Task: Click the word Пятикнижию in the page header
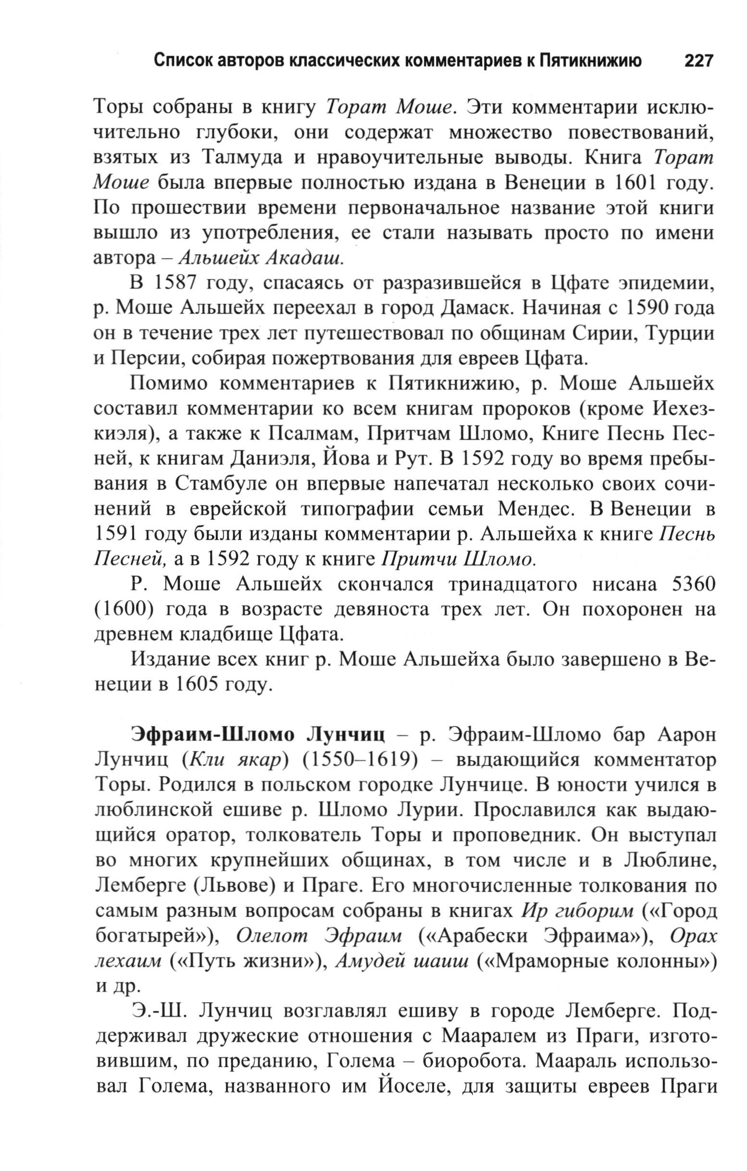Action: (590, 61)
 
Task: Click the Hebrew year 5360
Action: (691, 586)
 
